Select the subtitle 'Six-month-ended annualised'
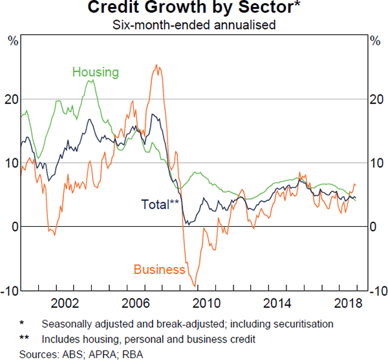(x=193, y=25)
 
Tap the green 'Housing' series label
(x=95, y=72)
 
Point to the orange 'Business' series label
(x=159, y=270)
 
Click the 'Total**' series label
(x=160, y=205)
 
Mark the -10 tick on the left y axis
(x=10, y=290)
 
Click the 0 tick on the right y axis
(x=373, y=227)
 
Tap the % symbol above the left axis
(x=12, y=41)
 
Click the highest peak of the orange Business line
(x=156, y=65)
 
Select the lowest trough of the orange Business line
(x=195, y=285)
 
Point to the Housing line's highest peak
(x=91, y=80)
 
